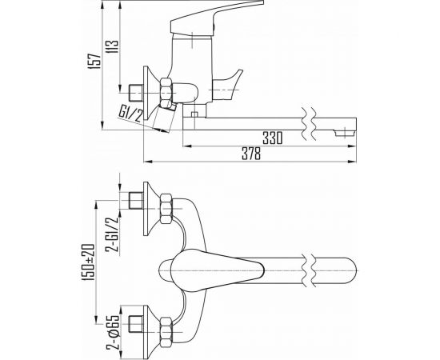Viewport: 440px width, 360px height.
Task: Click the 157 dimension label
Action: coord(95,61)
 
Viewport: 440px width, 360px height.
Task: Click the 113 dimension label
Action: coord(113,47)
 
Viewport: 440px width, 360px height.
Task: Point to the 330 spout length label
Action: coord(273,138)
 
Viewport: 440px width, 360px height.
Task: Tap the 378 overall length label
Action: coord(251,154)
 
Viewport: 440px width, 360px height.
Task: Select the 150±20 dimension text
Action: coord(88,262)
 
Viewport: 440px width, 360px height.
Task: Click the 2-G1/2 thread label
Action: coord(113,235)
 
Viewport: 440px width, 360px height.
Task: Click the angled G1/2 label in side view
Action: coord(131,114)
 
